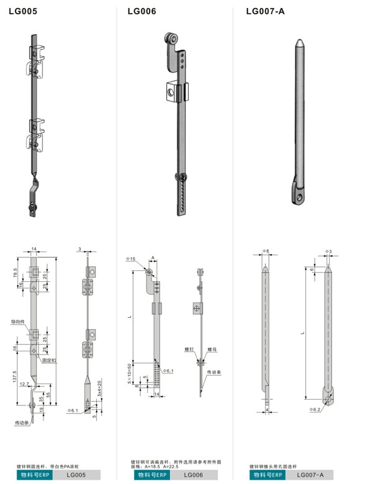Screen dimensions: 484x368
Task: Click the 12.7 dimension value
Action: coord(24,384)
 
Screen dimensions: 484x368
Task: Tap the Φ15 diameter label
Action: coord(130,258)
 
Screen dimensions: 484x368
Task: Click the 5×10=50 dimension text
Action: coord(130,373)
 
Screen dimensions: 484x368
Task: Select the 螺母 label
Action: coord(212,350)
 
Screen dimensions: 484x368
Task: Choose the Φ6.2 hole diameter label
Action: coord(315,410)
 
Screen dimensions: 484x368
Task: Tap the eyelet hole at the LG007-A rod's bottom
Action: coord(300,198)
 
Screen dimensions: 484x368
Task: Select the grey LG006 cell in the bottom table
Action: coord(194,475)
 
